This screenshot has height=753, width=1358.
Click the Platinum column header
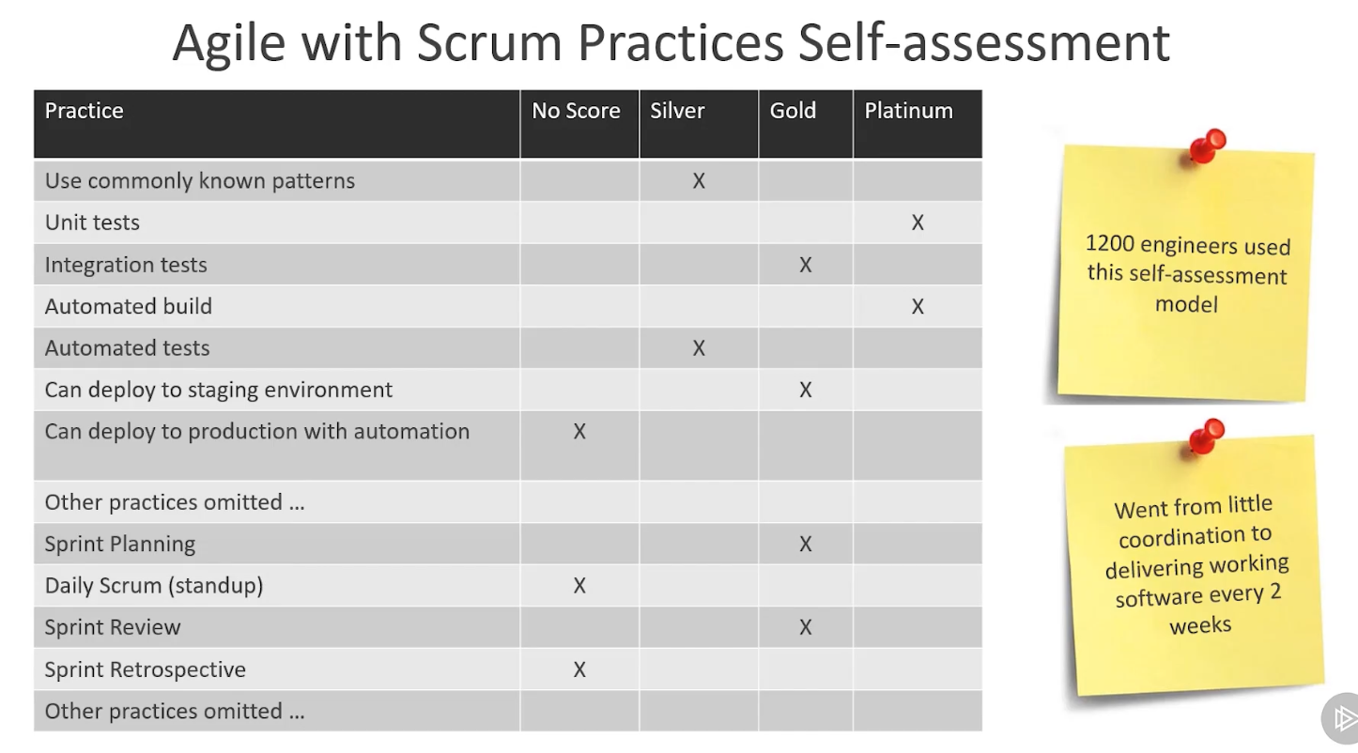pos(908,111)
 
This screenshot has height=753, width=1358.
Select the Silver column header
pos(677,111)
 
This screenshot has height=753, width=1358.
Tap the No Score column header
pos(576,111)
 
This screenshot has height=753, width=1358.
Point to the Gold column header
pos(793,111)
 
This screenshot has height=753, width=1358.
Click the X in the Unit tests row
pos(918,223)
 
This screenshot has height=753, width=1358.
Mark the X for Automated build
pos(918,306)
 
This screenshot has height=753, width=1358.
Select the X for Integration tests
pos(805,265)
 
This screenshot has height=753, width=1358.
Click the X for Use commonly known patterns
pos(699,180)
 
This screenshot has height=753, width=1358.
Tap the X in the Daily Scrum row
pos(579,586)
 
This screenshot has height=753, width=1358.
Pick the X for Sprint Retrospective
pos(579,669)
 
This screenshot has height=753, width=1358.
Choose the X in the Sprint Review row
pos(805,627)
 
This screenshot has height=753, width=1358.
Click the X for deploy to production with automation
pos(579,432)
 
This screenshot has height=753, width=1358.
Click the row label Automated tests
pos(128,348)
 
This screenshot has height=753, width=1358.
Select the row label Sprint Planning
pos(120,545)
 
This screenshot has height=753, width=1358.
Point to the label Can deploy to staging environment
pos(218,390)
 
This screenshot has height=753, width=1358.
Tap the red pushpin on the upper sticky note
pos(1205,146)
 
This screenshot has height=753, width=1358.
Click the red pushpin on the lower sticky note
pos(1205,437)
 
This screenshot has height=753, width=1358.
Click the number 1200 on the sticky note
pos(1109,242)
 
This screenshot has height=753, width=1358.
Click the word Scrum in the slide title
pos(489,42)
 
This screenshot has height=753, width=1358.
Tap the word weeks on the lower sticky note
pos(1200,624)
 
